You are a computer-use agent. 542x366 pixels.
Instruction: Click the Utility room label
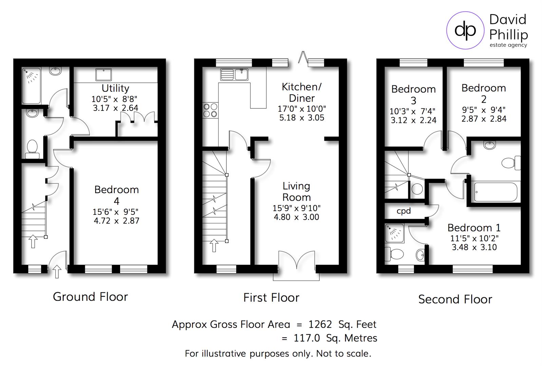(115, 88)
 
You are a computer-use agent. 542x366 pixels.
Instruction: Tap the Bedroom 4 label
(116, 195)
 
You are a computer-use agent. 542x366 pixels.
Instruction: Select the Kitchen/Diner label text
(301, 93)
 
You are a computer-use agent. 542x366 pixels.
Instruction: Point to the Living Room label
(296, 191)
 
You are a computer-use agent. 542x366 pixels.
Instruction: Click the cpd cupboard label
(404, 211)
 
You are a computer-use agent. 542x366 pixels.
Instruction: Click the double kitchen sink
(234, 74)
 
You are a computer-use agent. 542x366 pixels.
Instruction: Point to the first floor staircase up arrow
(214, 246)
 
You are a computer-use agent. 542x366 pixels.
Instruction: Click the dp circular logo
(465, 30)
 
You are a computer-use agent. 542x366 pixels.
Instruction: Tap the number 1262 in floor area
(320, 324)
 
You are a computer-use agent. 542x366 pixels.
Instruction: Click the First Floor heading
(271, 298)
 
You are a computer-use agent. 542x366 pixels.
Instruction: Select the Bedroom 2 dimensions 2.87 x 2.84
(484, 119)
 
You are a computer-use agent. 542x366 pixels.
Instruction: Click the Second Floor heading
(455, 299)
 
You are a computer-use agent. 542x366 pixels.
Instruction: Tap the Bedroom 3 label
(413, 95)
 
